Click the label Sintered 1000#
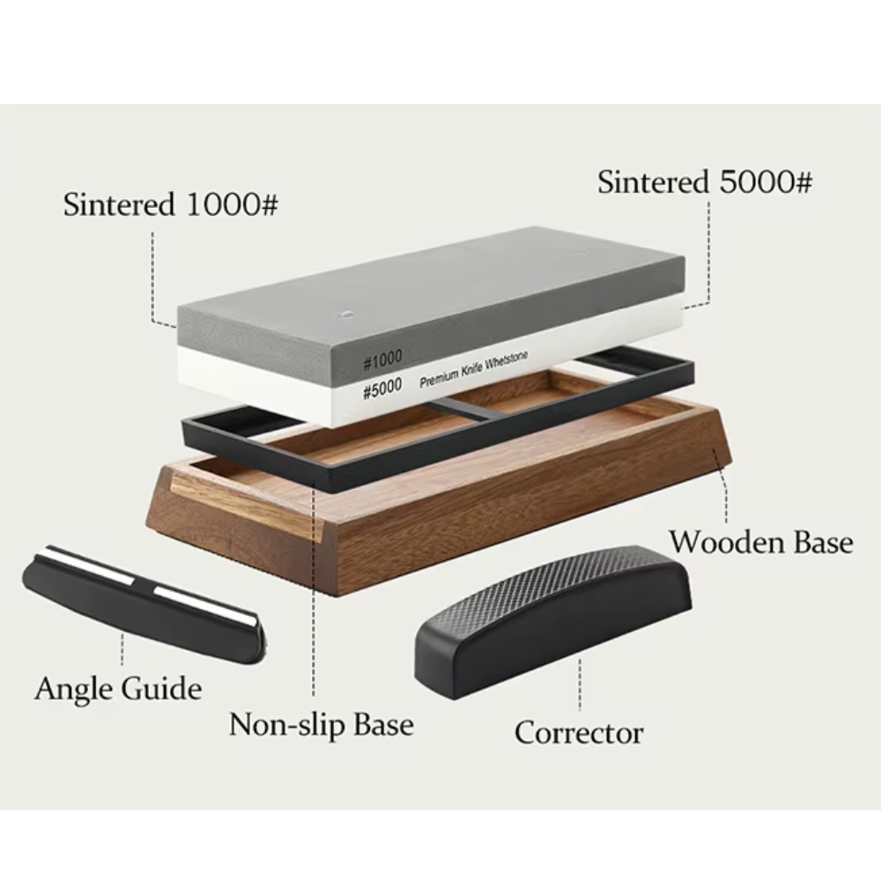point(170,205)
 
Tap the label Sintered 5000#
point(704,182)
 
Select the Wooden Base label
point(760,541)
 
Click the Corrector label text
point(579,732)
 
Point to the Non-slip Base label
point(321,724)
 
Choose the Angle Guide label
point(118,687)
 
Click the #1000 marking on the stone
point(382,358)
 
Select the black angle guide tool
point(141,608)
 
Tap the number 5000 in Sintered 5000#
point(754,182)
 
